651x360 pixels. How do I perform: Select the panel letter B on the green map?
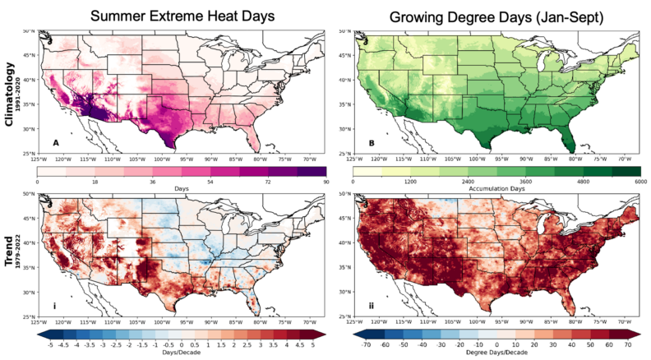pyautogui.click(x=371, y=143)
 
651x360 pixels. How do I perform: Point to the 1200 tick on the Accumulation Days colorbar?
pyautogui.click(x=411, y=181)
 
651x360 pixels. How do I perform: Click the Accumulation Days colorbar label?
pyautogui.click(x=496, y=189)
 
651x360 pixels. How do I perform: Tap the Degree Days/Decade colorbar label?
pyautogui.click(x=496, y=352)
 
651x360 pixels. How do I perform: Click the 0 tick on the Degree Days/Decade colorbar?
pyautogui.click(x=496, y=344)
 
